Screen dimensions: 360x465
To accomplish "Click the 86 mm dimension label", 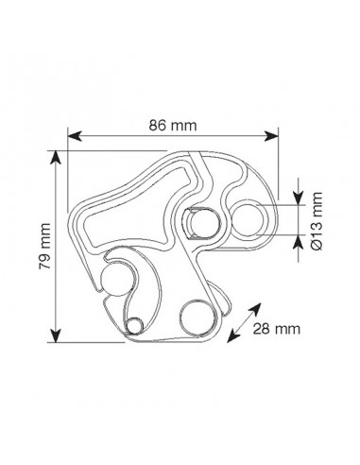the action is click(173, 126).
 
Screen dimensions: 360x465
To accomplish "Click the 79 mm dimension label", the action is click(44, 246).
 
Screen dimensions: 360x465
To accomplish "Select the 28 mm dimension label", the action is click(277, 329).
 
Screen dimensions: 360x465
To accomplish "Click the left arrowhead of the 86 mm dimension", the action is click(75, 136).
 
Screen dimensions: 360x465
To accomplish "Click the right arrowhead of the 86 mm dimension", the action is click(271, 136).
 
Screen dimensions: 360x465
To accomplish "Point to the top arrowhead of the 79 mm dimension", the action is click(56, 157).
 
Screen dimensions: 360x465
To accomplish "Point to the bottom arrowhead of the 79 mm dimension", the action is click(56, 336).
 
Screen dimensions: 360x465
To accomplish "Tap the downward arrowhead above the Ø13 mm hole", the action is click(299, 198).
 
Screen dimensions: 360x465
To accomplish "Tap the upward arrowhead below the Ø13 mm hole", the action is click(299, 242).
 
